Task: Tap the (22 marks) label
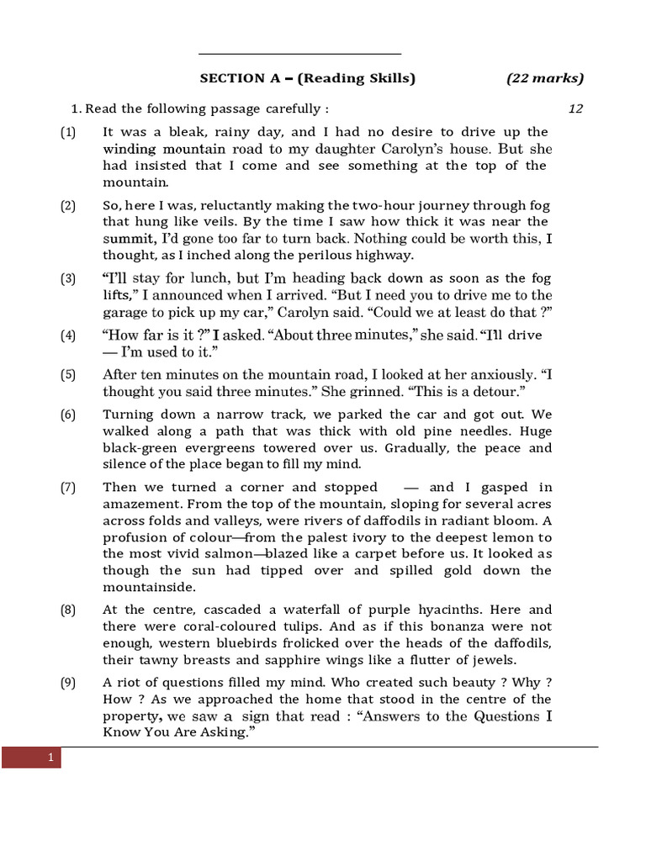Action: [x=544, y=78]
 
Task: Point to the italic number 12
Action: [x=575, y=108]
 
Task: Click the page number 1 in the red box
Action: [x=50, y=758]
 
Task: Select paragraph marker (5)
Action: [x=68, y=375]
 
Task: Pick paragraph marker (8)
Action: [x=68, y=610]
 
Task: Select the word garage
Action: [x=125, y=311]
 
